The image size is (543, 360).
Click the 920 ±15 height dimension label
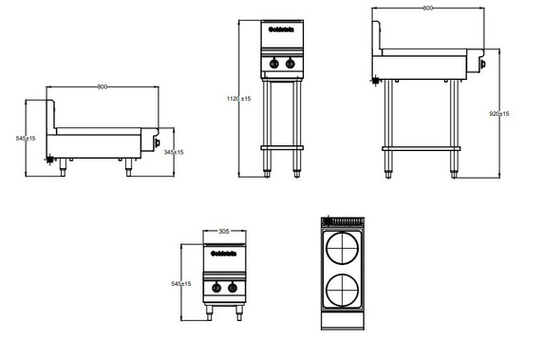(498, 114)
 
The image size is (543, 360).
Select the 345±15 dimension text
(174, 152)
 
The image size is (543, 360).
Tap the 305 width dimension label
(224, 231)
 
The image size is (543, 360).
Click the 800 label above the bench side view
(102, 87)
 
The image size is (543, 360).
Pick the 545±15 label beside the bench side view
(26, 139)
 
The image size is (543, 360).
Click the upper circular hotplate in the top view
(344, 253)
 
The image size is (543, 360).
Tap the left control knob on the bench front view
(216, 288)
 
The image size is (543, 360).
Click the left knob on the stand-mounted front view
(272, 64)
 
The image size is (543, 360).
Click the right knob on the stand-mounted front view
(288, 64)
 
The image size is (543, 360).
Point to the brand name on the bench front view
(223, 252)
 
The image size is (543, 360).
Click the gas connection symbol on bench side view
(49, 161)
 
